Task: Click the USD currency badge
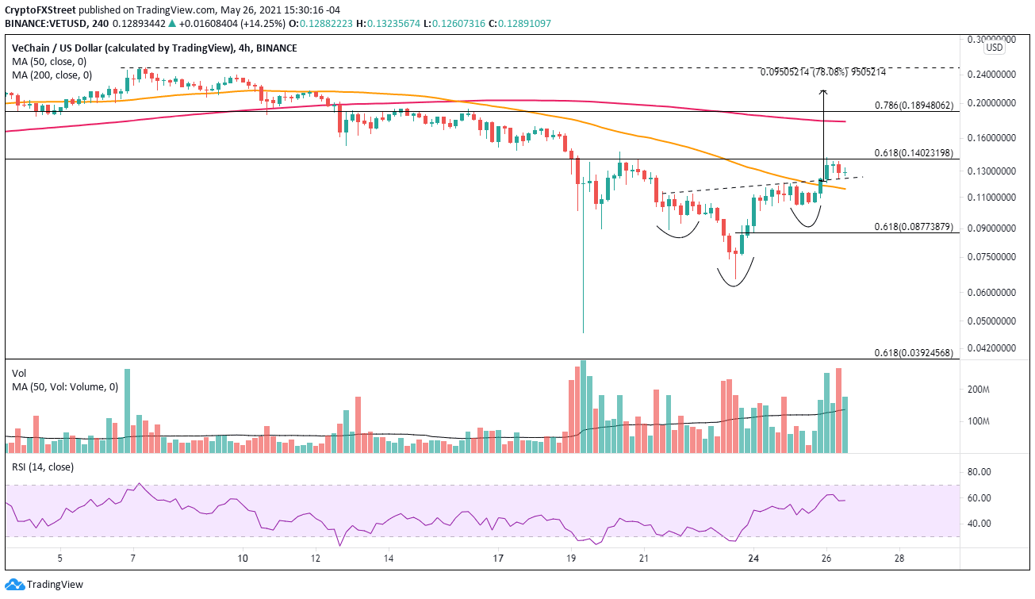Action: click(x=994, y=48)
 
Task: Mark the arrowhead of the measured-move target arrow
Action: click(x=823, y=92)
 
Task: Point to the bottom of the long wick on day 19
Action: click(x=583, y=332)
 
